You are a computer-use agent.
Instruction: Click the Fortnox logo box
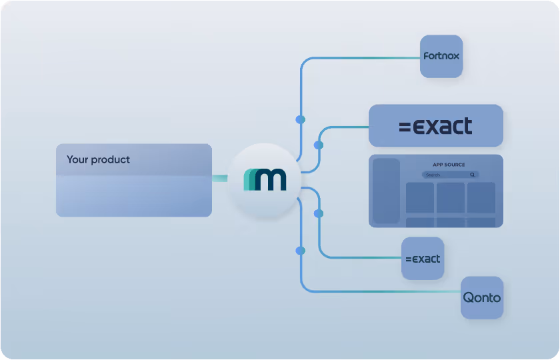point(441,56)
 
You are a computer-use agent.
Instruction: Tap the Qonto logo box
point(482,297)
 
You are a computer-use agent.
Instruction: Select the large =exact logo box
point(435,126)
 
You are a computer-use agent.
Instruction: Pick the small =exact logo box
point(423,258)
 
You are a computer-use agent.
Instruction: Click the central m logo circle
point(264,179)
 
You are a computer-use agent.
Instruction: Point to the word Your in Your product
point(77,160)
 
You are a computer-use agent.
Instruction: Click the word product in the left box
point(111,160)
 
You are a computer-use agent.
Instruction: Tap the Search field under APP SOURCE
point(443,175)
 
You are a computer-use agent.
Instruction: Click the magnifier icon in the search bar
point(473,175)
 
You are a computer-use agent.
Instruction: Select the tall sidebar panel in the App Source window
point(386,191)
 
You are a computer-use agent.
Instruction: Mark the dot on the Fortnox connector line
point(300,119)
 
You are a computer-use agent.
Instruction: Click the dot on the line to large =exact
point(319,145)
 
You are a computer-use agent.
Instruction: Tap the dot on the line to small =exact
point(319,214)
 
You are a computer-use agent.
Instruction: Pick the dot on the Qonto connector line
point(300,251)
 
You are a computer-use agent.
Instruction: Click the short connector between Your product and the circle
point(219,178)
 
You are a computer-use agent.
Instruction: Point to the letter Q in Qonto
point(469,297)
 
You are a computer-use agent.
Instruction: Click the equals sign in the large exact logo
point(405,127)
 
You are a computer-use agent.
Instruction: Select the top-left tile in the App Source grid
point(419,197)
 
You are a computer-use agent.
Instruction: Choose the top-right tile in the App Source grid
point(481,197)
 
